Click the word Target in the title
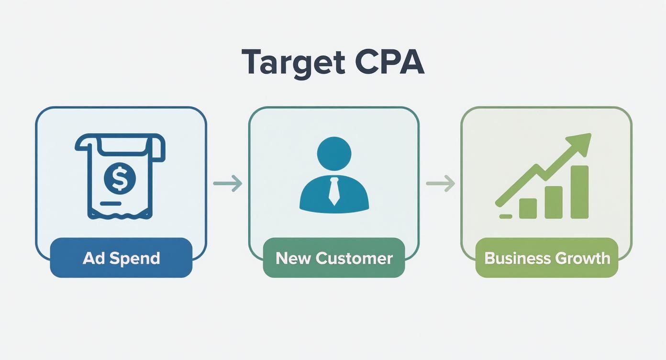293,62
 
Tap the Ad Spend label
121,258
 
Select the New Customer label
334,258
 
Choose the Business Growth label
547,258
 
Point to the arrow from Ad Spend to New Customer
228,183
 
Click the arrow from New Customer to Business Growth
440,183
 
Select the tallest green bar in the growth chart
579,191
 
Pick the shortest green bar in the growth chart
528,208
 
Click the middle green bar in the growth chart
554,202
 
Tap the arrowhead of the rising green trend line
581,143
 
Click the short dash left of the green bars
505,216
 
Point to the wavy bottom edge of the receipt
120,215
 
